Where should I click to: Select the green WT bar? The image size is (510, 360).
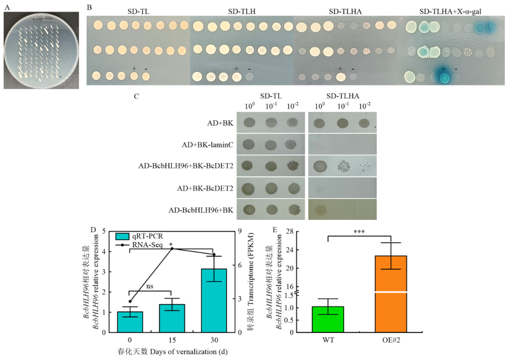pos(327,319)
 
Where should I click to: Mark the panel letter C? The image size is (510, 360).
pos(137,97)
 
